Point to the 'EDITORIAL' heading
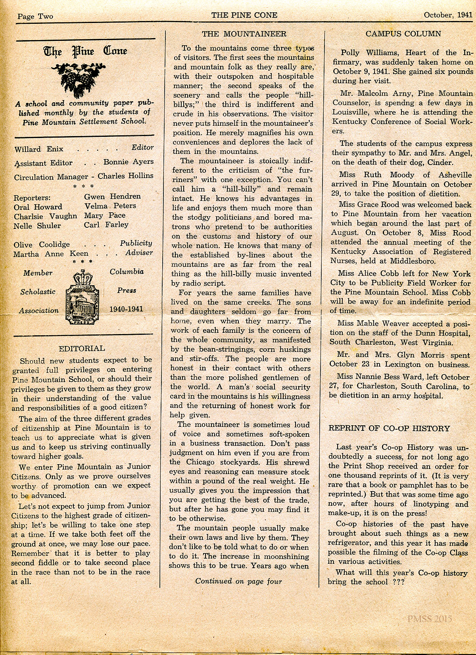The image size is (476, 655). click(82, 348)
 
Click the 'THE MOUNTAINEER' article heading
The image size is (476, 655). click(244, 34)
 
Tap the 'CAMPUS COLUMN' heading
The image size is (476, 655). click(403, 34)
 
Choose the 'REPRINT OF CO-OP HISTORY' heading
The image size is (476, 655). click(390, 428)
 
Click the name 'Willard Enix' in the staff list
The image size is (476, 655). click(39, 150)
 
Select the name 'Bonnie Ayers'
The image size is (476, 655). click(129, 162)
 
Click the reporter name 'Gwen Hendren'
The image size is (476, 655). click(113, 196)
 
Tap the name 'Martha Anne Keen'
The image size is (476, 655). click(51, 254)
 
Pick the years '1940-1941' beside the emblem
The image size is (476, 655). click(126, 309)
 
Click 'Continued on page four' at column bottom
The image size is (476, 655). click(238, 581)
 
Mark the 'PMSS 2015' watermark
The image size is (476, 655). click(429, 618)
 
